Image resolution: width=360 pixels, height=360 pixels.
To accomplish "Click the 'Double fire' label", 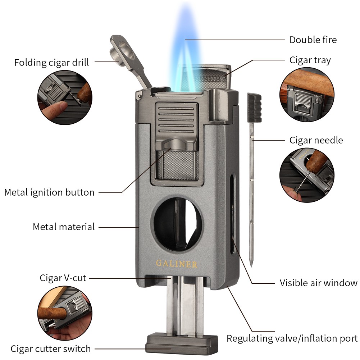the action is (313, 40).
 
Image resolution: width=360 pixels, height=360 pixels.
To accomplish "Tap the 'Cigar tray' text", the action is (310, 60).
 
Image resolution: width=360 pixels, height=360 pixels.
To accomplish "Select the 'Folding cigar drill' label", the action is (51, 63).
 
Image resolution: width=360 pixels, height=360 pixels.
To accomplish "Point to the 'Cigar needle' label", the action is (316, 140).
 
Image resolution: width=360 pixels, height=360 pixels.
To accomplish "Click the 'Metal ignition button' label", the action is (49, 192).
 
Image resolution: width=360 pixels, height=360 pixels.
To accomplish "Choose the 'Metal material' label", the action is (64, 227).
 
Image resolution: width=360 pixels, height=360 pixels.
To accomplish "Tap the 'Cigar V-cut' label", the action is (63, 278).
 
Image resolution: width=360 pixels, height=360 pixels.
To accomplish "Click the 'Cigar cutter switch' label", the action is (50, 349).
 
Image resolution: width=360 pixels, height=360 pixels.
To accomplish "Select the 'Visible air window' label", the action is (318, 283).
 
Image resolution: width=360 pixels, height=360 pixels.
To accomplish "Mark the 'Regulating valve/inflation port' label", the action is (292, 338).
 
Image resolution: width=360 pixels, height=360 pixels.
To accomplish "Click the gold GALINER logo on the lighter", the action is (177, 264).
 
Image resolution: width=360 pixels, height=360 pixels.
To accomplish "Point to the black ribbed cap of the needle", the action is (254, 108).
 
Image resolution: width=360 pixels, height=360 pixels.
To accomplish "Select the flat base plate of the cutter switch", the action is (182, 344).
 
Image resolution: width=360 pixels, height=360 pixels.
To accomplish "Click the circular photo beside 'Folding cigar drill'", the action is (65, 97).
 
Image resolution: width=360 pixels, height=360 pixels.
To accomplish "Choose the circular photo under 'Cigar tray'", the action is (307, 95).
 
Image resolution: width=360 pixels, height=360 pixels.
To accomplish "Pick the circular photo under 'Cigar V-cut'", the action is (65, 313).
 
